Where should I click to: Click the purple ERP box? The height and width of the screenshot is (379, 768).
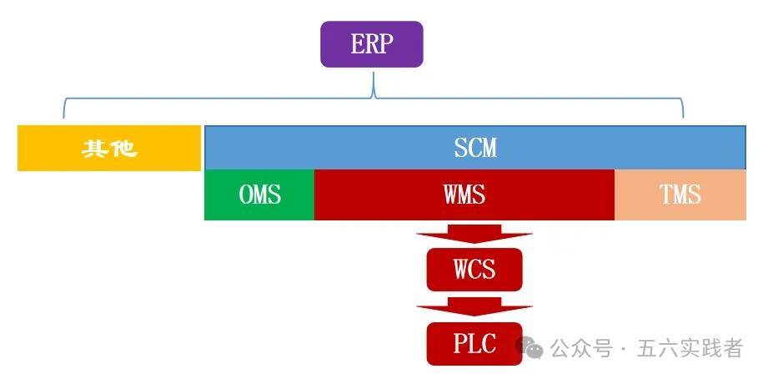click(x=372, y=44)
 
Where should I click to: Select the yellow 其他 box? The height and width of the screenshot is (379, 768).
click(x=109, y=149)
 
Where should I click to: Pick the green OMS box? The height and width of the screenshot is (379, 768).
click(x=259, y=195)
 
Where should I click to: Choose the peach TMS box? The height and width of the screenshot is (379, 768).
click(x=680, y=195)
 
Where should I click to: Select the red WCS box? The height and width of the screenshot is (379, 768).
click(x=474, y=270)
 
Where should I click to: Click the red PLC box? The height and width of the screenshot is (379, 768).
click(x=474, y=343)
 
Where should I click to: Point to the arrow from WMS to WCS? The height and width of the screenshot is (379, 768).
click(x=474, y=235)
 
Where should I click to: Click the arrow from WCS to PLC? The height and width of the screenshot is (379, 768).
click(x=474, y=306)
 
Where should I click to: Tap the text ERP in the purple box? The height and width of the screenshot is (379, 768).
click(x=372, y=44)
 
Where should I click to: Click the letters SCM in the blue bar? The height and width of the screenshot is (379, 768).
click(x=475, y=149)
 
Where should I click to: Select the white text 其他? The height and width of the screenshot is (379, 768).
click(x=109, y=149)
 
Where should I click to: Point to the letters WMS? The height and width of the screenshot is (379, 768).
click(x=464, y=195)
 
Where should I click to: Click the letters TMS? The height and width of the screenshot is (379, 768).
click(x=680, y=195)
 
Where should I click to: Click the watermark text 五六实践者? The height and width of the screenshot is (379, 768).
click(x=690, y=348)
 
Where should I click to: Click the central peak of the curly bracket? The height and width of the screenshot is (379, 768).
click(x=373, y=86)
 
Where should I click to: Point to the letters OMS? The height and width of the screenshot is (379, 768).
click(x=259, y=195)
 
